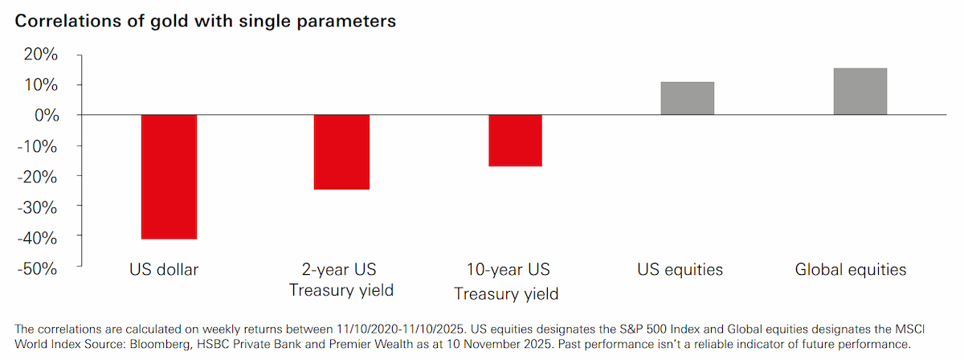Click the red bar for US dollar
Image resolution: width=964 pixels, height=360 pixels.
(170, 177)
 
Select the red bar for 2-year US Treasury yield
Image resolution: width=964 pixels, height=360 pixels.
(341, 152)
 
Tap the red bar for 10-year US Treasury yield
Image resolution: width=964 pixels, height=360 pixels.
(515, 141)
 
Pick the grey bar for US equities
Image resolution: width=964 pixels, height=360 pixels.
(688, 98)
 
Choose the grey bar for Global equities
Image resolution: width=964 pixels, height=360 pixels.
(860, 92)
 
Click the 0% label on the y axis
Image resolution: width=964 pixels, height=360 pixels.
(47, 116)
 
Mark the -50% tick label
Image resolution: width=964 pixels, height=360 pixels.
(37, 268)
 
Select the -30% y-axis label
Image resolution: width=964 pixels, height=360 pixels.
(37, 207)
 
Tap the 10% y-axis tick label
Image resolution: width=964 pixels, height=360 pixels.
(41, 85)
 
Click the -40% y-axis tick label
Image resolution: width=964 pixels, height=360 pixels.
(37, 238)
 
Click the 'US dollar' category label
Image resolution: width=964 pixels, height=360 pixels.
(164, 269)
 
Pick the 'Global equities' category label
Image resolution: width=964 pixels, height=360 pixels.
(851, 269)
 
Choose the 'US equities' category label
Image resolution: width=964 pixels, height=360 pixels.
(680, 269)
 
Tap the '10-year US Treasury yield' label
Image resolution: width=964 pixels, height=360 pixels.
(507, 281)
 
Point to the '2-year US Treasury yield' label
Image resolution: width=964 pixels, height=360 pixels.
(341, 280)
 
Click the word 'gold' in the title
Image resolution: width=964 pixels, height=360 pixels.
(170, 21)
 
